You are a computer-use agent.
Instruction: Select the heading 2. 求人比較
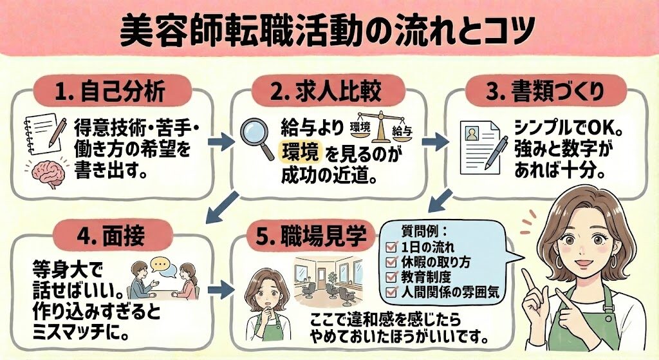(327, 91)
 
